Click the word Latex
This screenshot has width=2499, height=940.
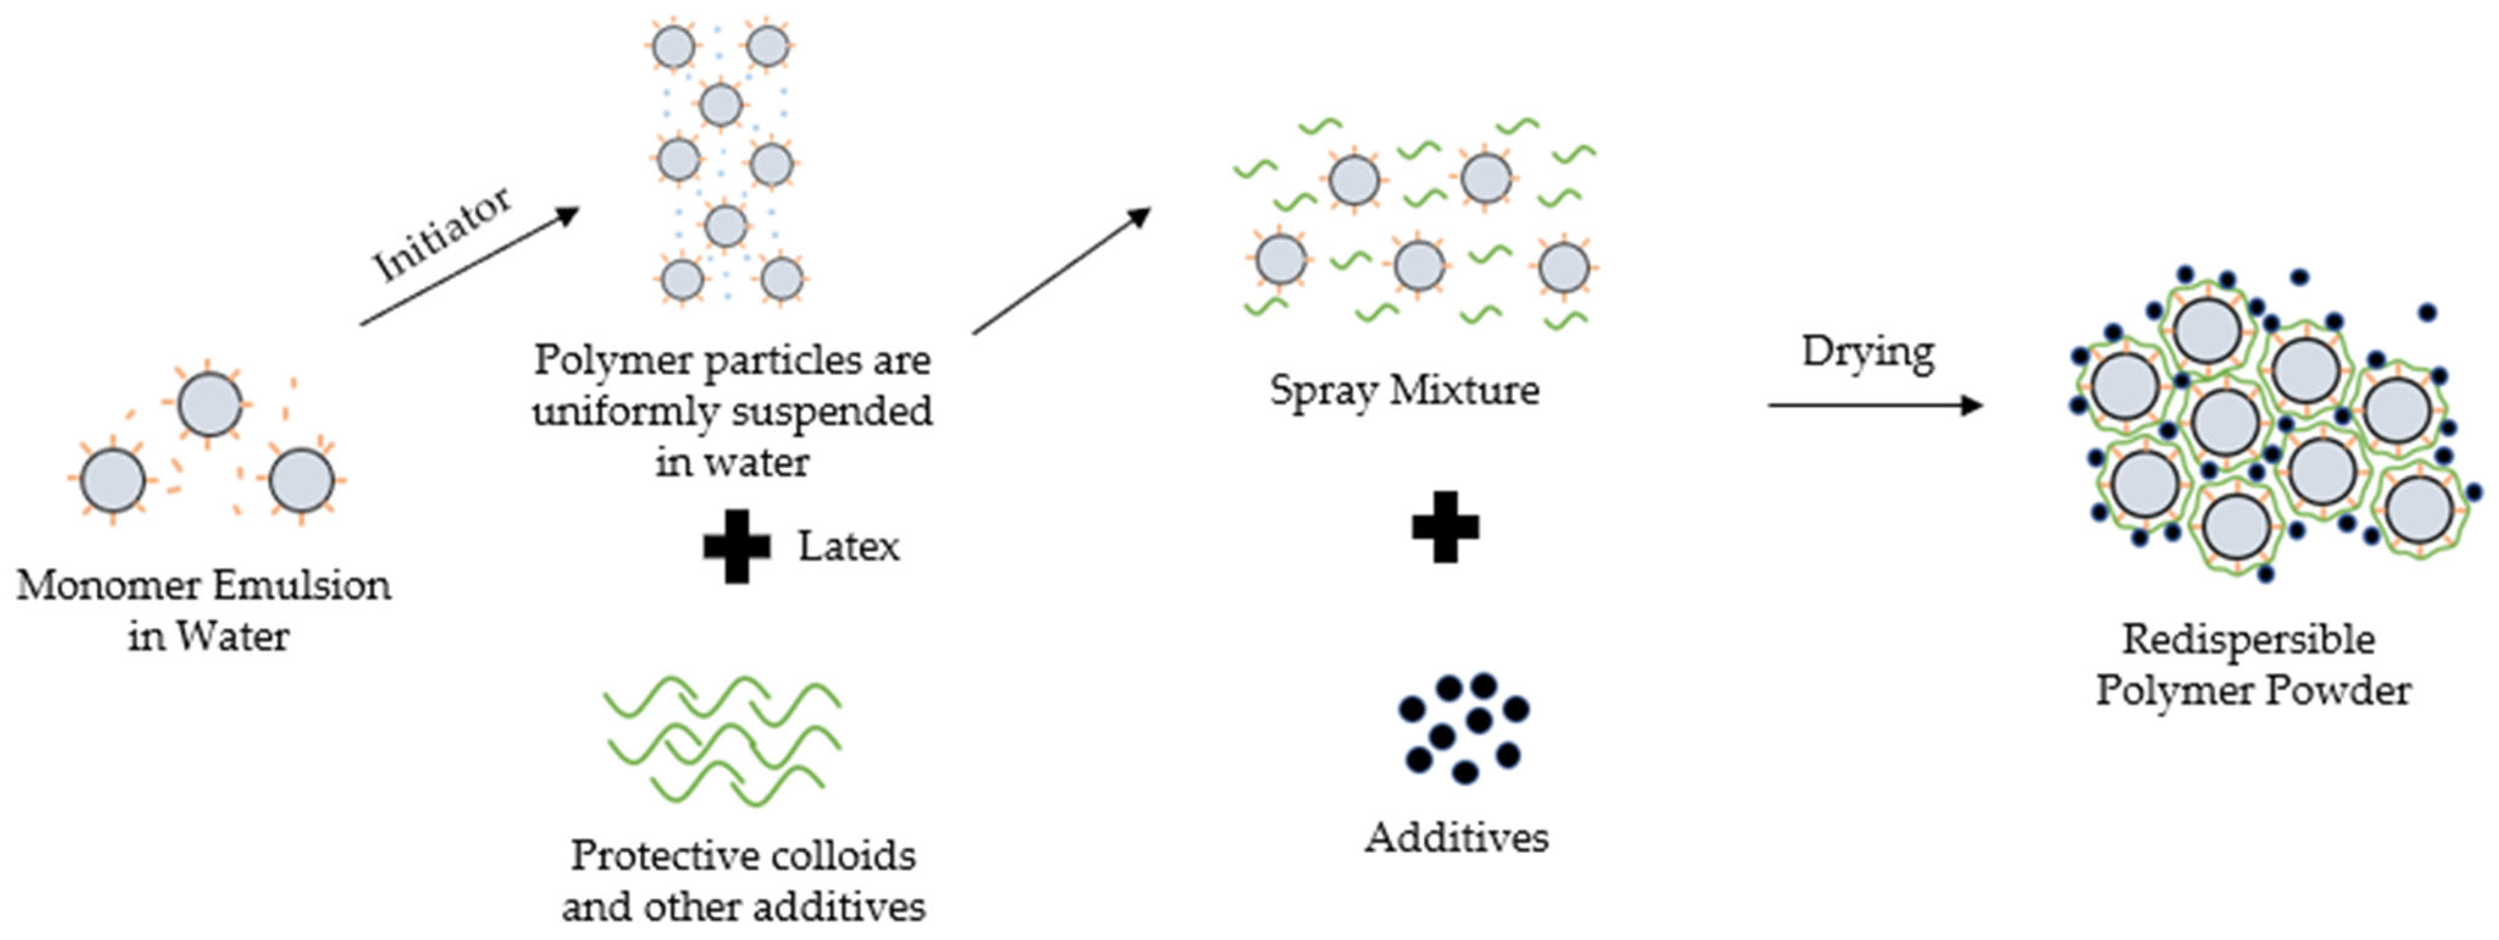point(849,546)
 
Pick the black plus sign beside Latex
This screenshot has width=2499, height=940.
point(737,546)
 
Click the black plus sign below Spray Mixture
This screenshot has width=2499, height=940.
point(1446,528)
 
